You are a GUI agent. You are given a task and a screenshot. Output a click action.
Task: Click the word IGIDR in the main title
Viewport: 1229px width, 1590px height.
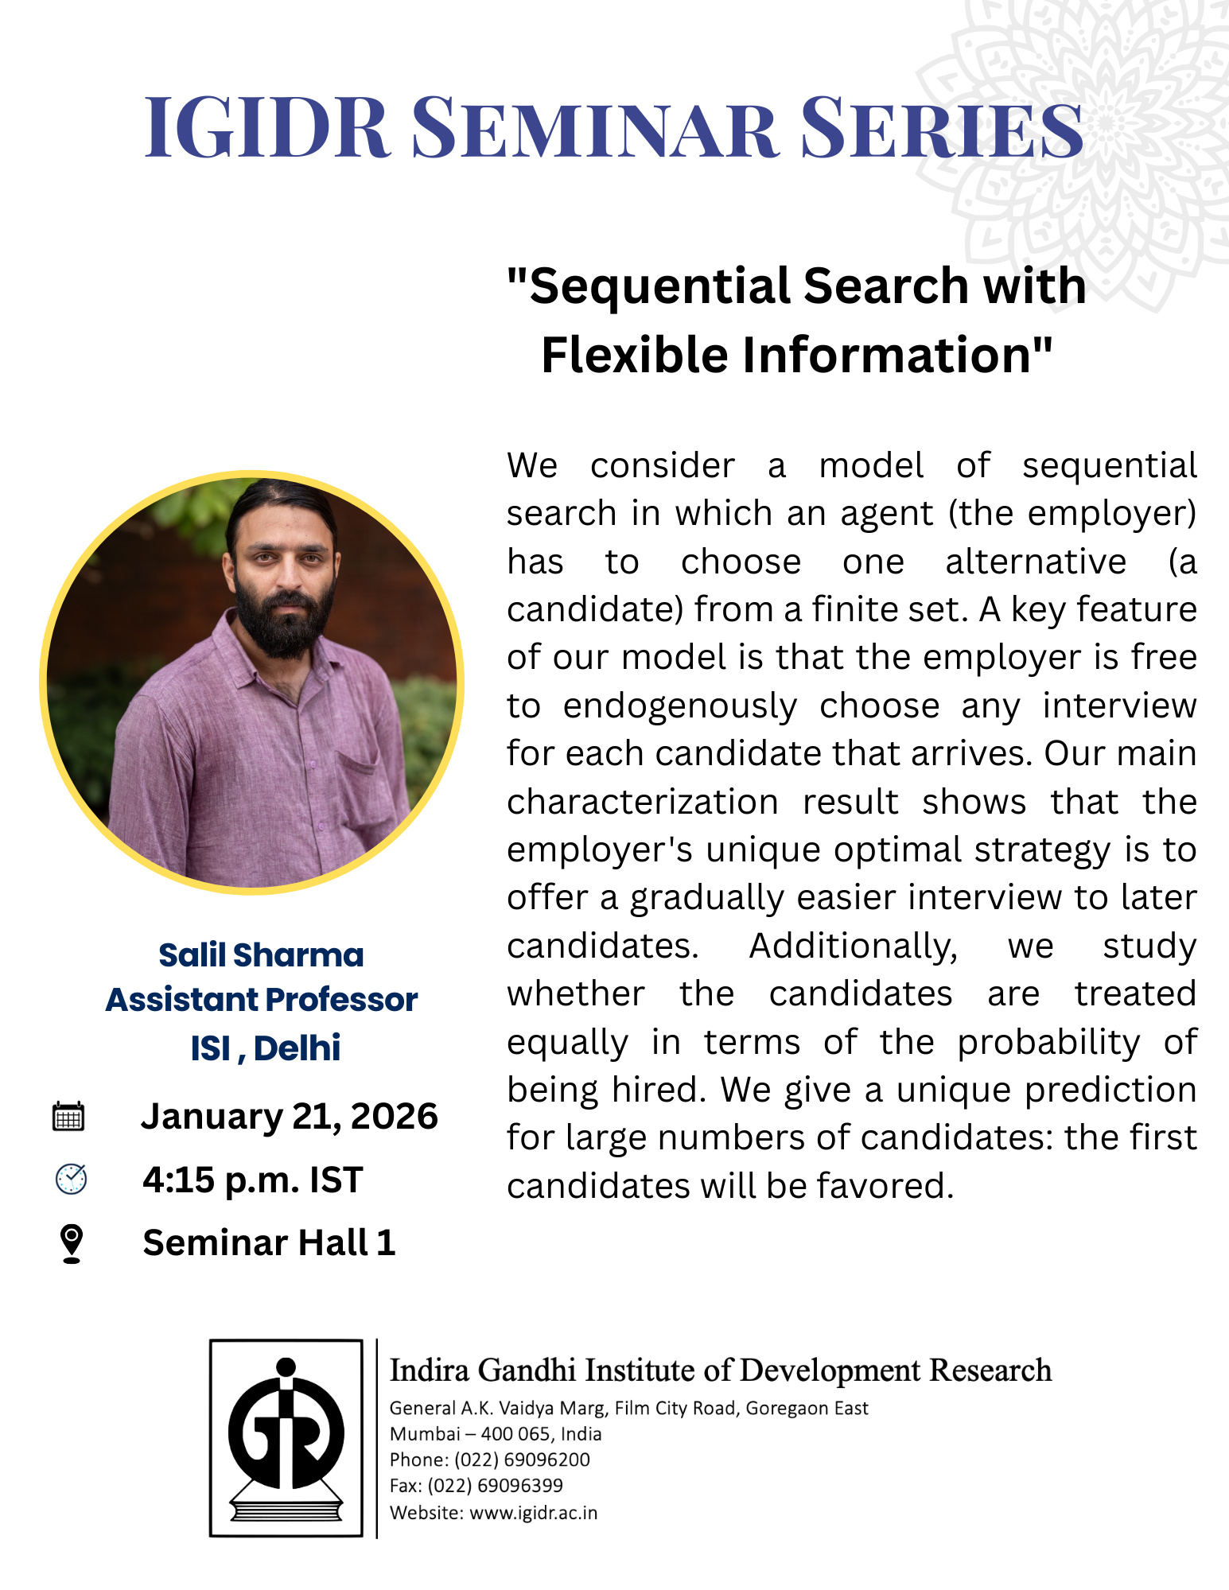tap(266, 127)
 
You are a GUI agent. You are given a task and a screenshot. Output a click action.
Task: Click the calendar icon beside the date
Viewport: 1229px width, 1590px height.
tap(68, 1117)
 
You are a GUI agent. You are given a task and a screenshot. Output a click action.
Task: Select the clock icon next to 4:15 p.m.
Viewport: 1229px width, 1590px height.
tap(71, 1179)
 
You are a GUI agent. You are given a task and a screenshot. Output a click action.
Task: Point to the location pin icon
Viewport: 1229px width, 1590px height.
tap(72, 1242)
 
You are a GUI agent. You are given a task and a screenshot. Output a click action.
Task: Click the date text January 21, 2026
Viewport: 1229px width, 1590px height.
tap(290, 1116)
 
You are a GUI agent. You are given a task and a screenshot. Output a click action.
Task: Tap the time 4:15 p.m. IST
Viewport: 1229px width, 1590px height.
tap(253, 1180)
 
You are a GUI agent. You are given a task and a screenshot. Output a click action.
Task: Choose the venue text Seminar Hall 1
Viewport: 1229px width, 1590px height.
tap(269, 1242)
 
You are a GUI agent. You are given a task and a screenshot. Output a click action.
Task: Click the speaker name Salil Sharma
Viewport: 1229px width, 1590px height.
tap(261, 954)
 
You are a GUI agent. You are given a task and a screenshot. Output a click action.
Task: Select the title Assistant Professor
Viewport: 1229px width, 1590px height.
tap(262, 1000)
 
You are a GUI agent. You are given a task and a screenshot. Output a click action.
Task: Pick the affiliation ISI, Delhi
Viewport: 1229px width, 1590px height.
tap(266, 1048)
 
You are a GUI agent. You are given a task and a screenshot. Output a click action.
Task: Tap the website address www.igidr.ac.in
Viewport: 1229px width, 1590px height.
tap(534, 1512)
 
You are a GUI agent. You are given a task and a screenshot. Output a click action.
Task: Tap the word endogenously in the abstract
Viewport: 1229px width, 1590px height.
tap(680, 706)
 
